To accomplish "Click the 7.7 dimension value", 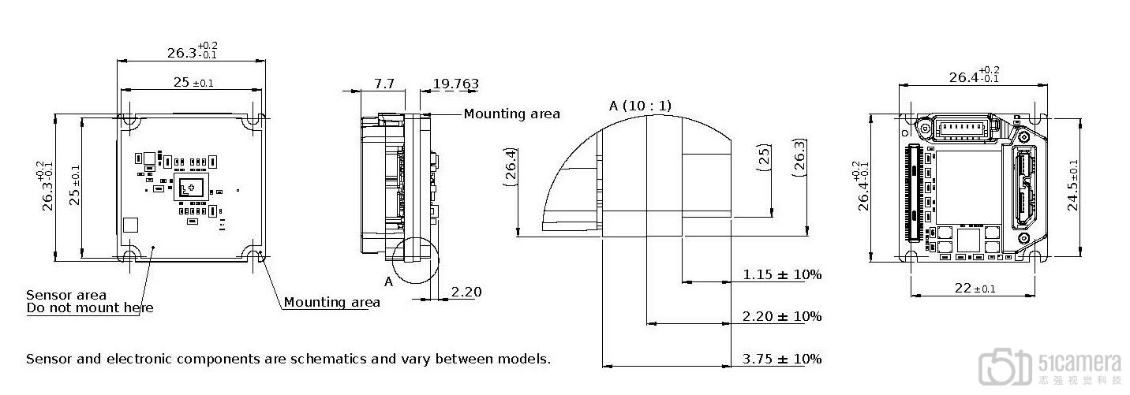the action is pyautogui.click(x=384, y=83).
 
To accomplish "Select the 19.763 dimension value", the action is pyautogui.click(x=455, y=83).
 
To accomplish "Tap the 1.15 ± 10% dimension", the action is pyautogui.click(x=782, y=274).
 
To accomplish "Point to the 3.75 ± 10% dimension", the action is pyautogui.click(x=782, y=359).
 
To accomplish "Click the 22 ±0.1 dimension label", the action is pyautogui.click(x=975, y=289).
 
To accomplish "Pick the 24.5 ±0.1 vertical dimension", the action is pyautogui.click(x=1073, y=185).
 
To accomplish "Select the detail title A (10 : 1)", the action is pyautogui.click(x=640, y=106).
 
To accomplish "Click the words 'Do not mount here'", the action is pyautogui.click(x=90, y=307).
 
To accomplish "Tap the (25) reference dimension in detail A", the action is pyautogui.click(x=765, y=158).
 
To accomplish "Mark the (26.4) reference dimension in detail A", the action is pyautogui.click(x=511, y=167).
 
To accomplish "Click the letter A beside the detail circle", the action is pyautogui.click(x=388, y=281).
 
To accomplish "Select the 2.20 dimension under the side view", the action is pyautogui.click(x=466, y=292).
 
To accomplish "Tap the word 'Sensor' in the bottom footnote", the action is pyautogui.click(x=49, y=360).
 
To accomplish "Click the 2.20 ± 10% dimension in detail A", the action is pyautogui.click(x=782, y=316).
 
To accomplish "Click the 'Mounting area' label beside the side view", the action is pyautogui.click(x=511, y=114).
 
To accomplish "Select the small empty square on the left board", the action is pyautogui.click(x=131, y=225).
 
